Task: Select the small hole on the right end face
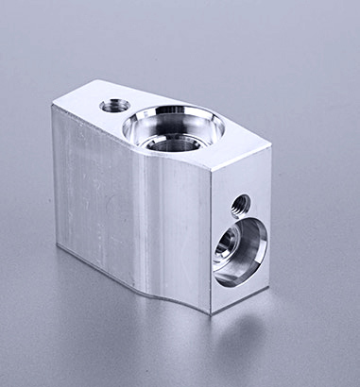pos(240,203)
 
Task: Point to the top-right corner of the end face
pos(271,145)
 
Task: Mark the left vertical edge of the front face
pos(55,179)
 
